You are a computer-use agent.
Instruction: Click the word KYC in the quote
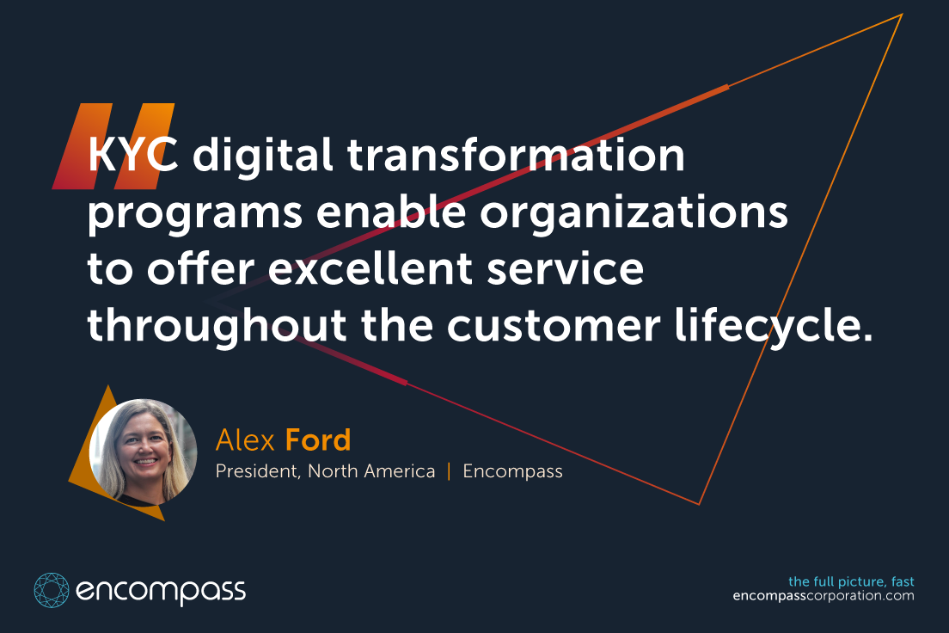click(x=133, y=155)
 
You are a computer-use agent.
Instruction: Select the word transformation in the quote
click(x=516, y=154)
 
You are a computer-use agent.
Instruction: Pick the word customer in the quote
click(x=554, y=328)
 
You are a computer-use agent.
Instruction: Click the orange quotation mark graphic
click(x=113, y=146)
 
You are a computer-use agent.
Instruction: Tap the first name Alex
click(x=245, y=440)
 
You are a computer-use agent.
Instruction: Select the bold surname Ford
click(x=318, y=440)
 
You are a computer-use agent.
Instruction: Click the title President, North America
click(x=325, y=471)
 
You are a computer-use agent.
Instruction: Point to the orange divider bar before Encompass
click(x=449, y=471)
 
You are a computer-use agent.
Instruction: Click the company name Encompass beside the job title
click(x=512, y=472)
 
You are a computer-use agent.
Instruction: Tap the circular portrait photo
click(x=144, y=452)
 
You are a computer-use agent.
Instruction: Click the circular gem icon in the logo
click(x=52, y=590)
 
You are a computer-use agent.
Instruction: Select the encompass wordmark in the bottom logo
click(x=161, y=591)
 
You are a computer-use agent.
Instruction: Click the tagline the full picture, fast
click(x=851, y=581)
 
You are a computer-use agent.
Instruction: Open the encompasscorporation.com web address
click(x=823, y=596)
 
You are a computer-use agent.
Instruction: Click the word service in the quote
click(x=566, y=269)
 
